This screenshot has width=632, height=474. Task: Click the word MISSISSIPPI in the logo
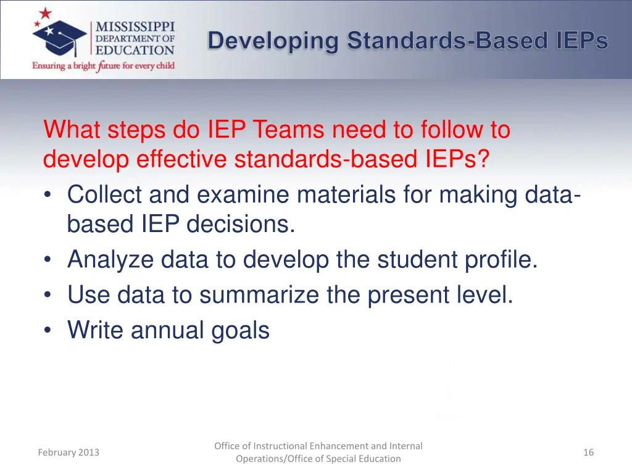coord(135,27)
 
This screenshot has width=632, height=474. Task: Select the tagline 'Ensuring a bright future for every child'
coord(104,65)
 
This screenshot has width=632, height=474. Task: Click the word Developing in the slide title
coord(273,41)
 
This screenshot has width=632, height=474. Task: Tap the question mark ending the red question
coord(483,160)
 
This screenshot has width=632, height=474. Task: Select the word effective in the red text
coord(181,160)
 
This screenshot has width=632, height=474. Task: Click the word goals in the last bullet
coord(241,331)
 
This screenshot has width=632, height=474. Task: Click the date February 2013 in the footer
coord(69,452)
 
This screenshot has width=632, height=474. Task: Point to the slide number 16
coord(588,452)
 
